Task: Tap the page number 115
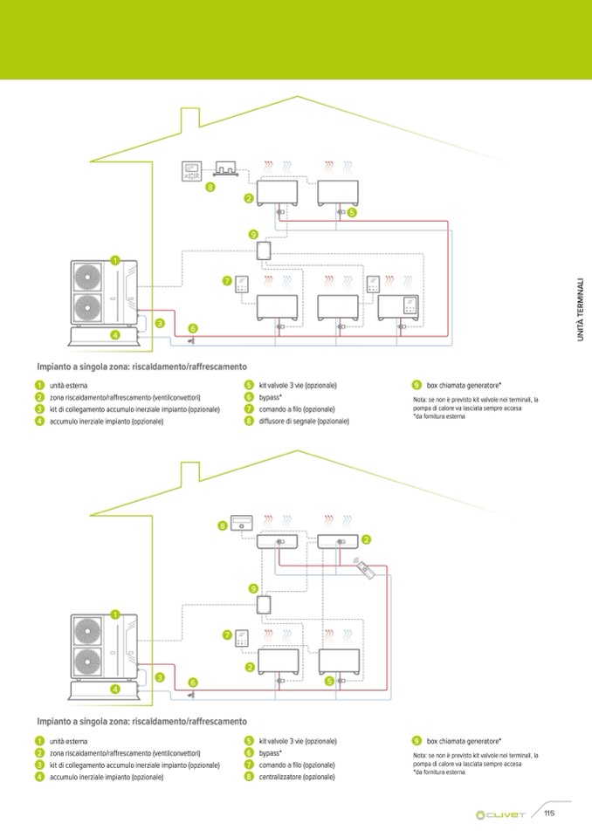click(549, 813)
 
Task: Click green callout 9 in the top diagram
click(252, 234)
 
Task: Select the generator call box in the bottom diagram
click(263, 605)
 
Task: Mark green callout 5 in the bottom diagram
click(329, 681)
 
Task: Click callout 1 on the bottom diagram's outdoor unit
click(114, 614)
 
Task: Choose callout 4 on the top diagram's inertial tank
click(114, 334)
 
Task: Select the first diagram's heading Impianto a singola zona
click(142, 367)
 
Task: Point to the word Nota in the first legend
click(421, 400)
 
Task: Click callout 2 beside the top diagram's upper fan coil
click(249, 199)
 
